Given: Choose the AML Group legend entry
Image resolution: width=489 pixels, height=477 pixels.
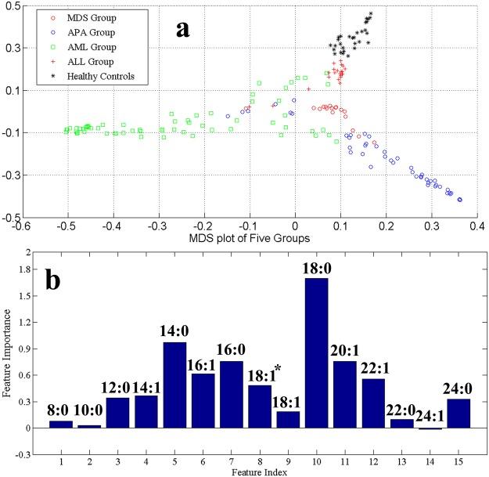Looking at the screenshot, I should tap(77, 46).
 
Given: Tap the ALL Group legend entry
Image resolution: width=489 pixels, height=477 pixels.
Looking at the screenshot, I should tap(76, 61).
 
